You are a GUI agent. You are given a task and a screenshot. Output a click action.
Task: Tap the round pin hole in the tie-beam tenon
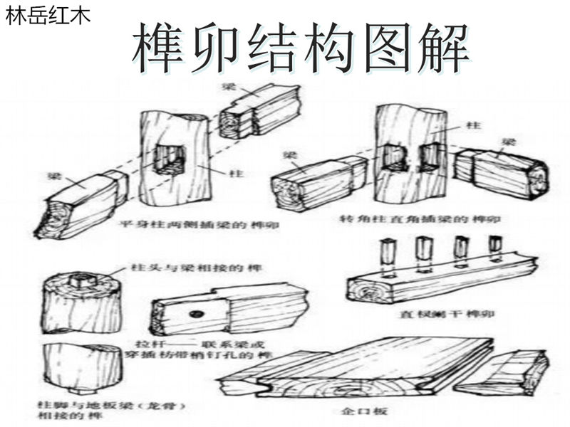point(197,314)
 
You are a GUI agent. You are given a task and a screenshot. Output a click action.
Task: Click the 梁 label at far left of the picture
point(54,175)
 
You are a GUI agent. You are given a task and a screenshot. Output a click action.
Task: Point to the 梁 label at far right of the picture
point(508,142)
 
